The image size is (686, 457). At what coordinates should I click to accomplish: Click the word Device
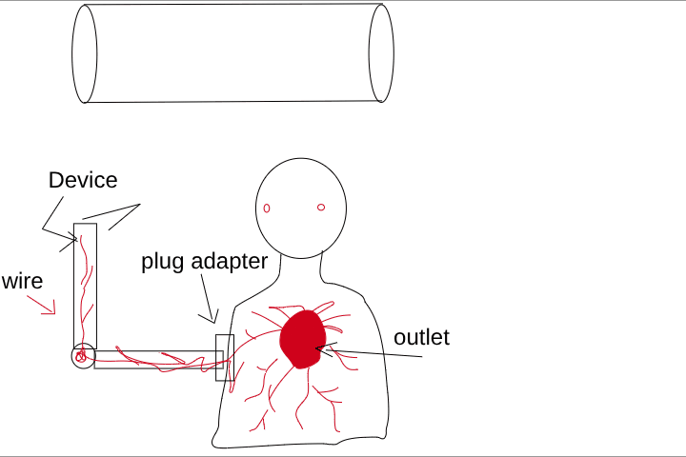coord(83,180)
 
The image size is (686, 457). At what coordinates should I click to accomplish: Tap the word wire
coord(22,281)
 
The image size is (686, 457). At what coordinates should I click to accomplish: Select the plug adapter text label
coord(204,261)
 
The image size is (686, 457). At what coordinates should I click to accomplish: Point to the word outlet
coord(421,337)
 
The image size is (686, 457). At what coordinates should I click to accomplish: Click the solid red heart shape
coord(303,338)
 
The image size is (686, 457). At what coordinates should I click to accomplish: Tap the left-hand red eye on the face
coord(268,208)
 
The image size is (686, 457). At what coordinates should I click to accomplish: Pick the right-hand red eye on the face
coord(321,207)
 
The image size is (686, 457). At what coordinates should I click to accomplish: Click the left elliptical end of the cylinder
coord(85,53)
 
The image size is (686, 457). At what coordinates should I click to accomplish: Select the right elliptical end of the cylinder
coord(381,53)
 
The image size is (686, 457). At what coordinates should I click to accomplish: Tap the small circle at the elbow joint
coord(83,357)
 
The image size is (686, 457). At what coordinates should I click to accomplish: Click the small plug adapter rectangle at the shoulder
coord(225,358)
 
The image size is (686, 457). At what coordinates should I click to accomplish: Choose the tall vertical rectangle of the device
coord(86,286)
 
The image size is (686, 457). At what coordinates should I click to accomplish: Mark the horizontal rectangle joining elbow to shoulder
coord(157,360)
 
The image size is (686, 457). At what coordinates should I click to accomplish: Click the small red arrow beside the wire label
coord(41,305)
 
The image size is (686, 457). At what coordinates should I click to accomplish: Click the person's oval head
coord(301,208)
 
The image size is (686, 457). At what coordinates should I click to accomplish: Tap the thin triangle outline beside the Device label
coord(122,214)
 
